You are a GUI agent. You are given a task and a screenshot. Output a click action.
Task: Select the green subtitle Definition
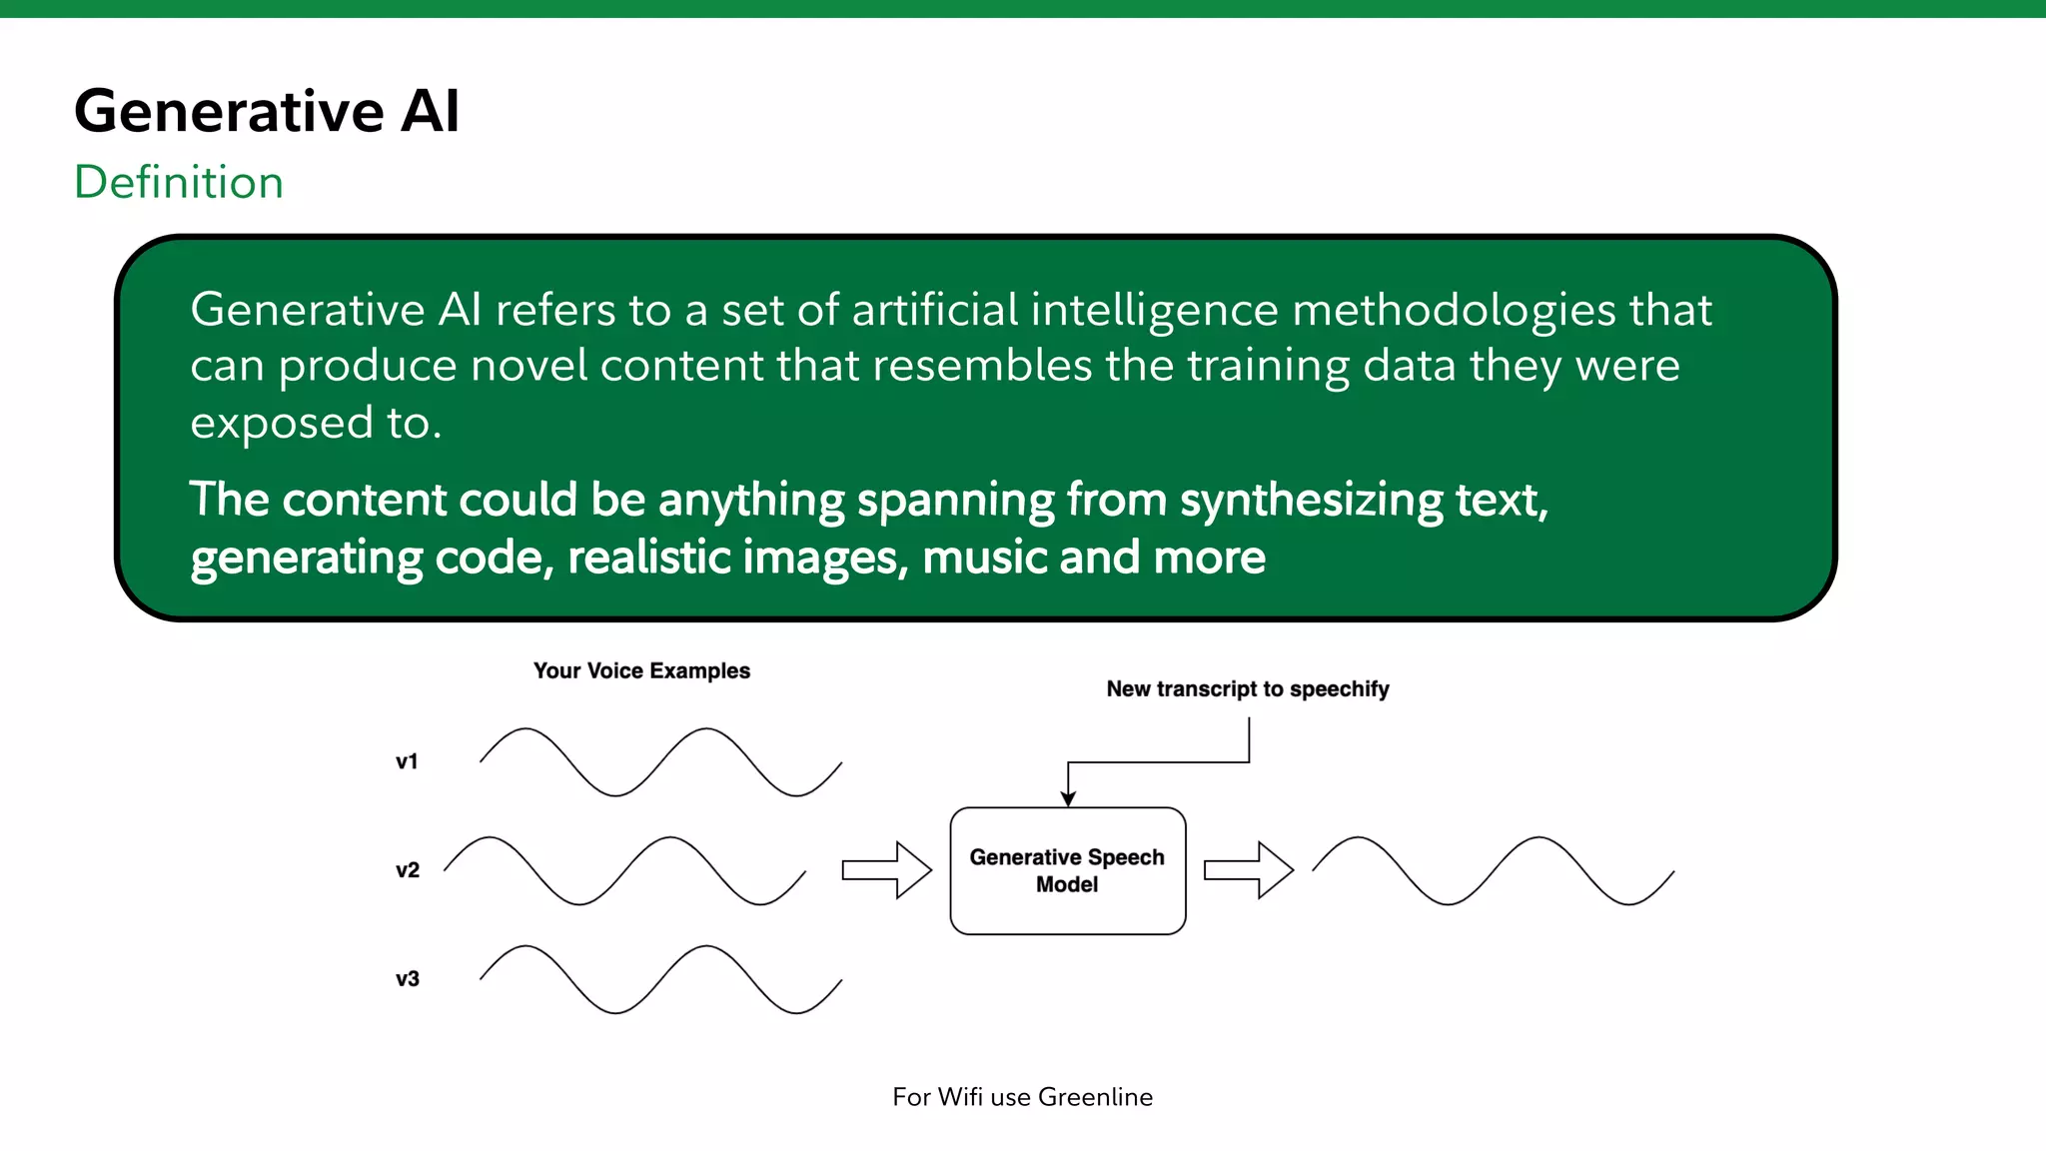(179, 182)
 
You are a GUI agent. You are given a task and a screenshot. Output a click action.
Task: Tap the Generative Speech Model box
(1067, 870)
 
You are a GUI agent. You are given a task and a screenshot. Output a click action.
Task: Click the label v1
(407, 761)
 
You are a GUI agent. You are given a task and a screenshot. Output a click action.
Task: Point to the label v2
(407, 870)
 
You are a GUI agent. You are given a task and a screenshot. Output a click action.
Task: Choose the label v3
(407, 979)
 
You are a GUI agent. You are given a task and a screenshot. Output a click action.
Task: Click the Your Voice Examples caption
(641, 670)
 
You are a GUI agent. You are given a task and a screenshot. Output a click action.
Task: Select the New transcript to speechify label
(1247, 688)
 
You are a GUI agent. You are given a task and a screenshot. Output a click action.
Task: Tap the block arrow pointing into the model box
(887, 870)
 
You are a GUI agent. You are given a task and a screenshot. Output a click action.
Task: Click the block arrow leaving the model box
(1249, 870)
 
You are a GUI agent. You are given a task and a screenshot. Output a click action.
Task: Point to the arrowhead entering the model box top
(1068, 798)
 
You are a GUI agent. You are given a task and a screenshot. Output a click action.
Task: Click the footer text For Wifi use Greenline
(1022, 1097)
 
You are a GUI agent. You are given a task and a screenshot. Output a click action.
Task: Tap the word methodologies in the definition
(1454, 310)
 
